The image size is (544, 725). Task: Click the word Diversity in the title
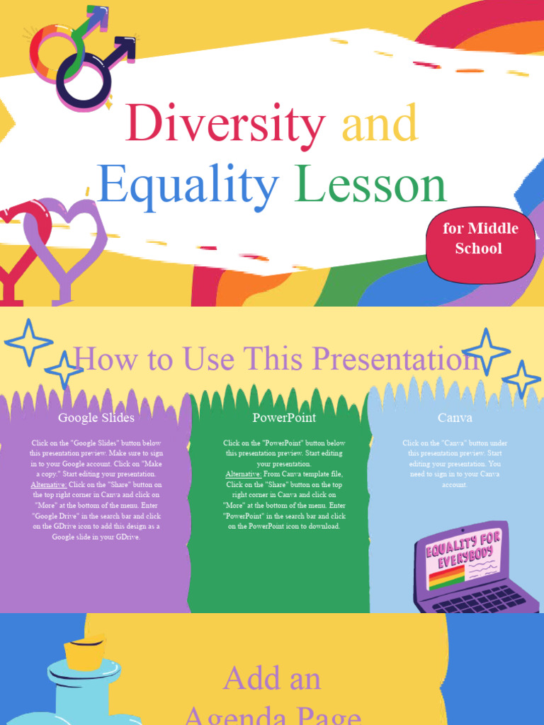point(225,123)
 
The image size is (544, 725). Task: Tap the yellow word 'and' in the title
point(380,123)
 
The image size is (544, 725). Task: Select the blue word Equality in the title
point(187,185)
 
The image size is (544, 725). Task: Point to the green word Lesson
point(371,185)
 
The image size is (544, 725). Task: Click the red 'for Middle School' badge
point(480,239)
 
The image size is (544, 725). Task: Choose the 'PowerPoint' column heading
point(284,418)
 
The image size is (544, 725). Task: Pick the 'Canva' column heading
point(455,418)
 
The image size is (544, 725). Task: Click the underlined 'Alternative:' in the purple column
point(48,484)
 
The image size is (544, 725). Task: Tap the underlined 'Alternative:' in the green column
point(243,474)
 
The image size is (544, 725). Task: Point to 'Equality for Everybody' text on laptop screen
point(463,550)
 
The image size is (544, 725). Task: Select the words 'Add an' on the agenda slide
point(272,678)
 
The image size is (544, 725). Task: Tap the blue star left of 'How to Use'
point(29,343)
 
